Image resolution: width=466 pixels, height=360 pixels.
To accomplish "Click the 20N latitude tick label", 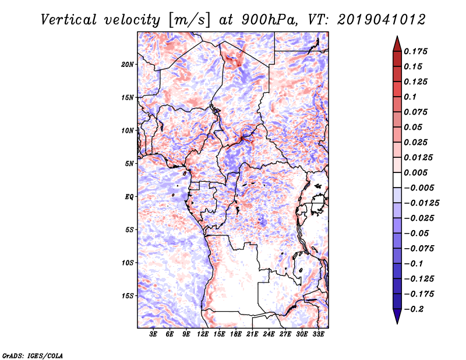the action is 128,65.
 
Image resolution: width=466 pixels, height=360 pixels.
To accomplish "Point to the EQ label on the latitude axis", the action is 129,197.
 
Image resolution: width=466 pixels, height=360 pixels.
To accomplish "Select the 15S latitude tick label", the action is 128,296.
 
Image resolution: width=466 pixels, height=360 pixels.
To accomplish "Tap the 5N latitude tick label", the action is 129,164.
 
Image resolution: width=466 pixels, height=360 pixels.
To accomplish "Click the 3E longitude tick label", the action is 153,334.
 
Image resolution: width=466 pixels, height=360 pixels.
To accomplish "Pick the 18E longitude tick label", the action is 236,334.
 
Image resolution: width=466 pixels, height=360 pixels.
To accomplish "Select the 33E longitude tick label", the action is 318,334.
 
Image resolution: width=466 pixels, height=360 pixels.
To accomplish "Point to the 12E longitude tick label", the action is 203,334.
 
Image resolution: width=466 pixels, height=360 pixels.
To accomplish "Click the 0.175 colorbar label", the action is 415,51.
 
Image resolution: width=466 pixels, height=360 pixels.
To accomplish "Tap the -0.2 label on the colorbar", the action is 414,309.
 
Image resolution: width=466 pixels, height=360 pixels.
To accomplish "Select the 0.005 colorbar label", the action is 415,172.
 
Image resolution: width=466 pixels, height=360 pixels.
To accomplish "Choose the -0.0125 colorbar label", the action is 421,203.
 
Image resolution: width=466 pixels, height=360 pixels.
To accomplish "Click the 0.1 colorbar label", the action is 410,97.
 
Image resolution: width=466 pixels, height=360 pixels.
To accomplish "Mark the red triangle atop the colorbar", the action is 397,44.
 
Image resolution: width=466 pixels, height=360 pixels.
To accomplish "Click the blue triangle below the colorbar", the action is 397,316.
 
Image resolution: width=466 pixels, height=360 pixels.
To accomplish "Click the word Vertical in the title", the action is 69,20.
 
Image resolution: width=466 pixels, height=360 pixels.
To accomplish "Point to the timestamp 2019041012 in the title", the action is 382,20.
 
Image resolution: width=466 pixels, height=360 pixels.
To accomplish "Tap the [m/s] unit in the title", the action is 189,20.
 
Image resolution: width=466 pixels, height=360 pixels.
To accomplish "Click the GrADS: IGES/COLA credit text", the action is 33,355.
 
